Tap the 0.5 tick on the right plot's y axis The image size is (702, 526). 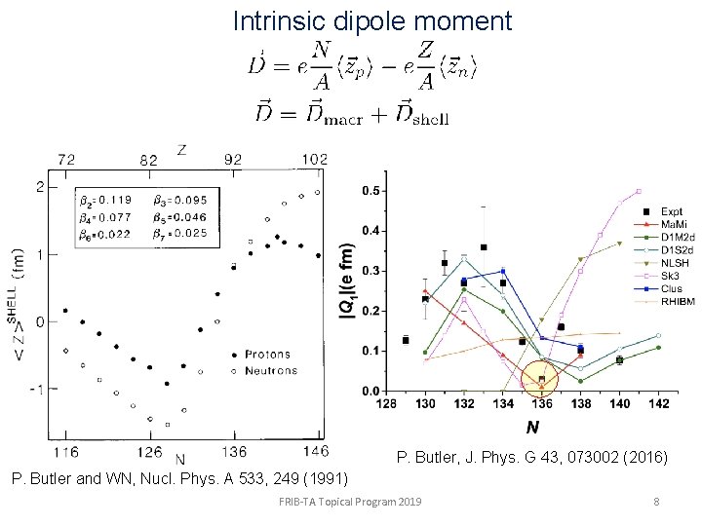click(x=371, y=191)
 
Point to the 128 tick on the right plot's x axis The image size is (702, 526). click(x=387, y=403)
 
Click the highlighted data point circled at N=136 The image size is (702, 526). click(x=542, y=380)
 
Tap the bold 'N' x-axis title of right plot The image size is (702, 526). click(x=532, y=427)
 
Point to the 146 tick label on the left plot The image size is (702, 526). click(x=316, y=452)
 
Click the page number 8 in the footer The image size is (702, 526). click(x=657, y=502)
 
